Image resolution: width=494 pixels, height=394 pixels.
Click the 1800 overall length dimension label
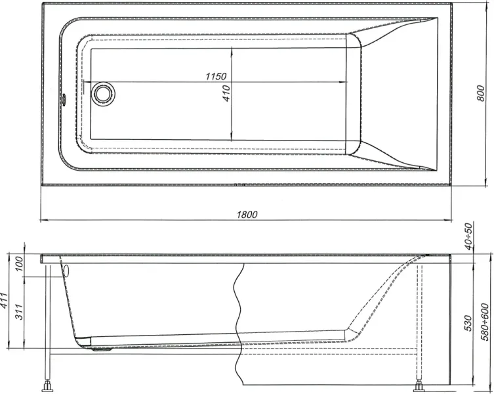(x=247, y=213)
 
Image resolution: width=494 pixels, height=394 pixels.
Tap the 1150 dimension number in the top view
(x=216, y=77)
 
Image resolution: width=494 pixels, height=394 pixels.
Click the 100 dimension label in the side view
(x=18, y=265)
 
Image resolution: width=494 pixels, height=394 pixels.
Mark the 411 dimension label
(x=6, y=301)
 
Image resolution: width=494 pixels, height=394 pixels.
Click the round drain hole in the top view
(x=102, y=93)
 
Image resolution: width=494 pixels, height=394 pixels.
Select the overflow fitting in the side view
(x=64, y=269)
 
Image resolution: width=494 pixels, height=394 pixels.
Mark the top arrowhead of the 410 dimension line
(x=234, y=52)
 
